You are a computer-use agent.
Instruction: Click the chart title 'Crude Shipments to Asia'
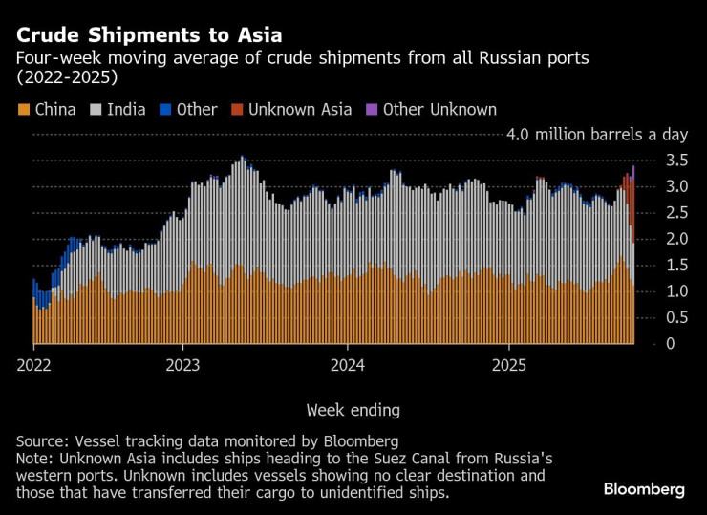click(148, 35)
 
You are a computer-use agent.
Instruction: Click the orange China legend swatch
click(24, 110)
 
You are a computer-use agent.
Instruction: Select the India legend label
click(126, 110)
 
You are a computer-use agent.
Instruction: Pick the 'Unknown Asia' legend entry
click(300, 110)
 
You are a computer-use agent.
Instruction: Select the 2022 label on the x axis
click(34, 365)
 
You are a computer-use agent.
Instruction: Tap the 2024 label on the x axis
click(346, 365)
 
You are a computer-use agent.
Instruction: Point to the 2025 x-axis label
click(508, 365)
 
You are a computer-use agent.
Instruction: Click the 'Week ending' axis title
click(353, 410)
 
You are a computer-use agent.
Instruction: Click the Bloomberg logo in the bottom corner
click(644, 489)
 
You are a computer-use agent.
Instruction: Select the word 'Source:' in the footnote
click(44, 441)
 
